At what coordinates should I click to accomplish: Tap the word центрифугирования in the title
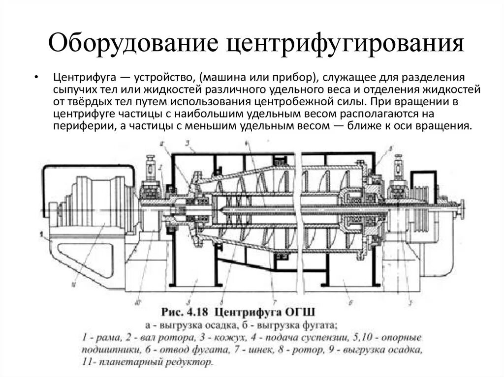point(345,43)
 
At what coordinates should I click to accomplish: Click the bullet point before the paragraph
point(36,78)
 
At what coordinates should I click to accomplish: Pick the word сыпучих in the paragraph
point(74,90)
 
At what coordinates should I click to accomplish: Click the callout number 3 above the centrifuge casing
point(188,144)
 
